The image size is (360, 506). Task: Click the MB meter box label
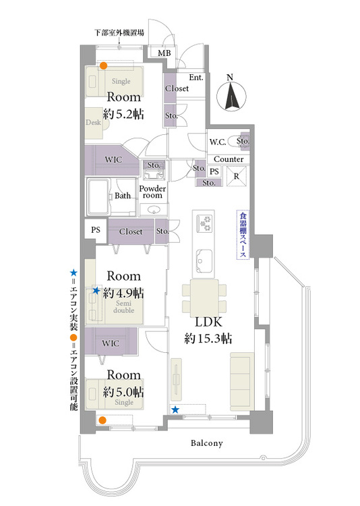click(x=164, y=53)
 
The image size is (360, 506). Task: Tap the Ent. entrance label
click(x=196, y=78)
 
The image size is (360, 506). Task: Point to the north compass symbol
click(x=231, y=94)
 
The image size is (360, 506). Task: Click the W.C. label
click(x=218, y=142)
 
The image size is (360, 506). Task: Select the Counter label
click(x=229, y=159)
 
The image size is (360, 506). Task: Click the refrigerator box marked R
click(x=237, y=176)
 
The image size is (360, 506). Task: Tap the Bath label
click(x=123, y=196)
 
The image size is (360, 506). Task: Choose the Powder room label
click(x=152, y=192)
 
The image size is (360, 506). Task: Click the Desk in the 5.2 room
click(x=94, y=123)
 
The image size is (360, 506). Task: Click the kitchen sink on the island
click(x=204, y=260)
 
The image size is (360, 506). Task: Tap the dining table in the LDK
click(x=204, y=298)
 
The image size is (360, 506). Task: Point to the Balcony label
click(x=206, y=443)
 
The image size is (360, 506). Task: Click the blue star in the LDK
click(x=175, y=410)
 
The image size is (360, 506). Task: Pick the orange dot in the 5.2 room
click(x=103, y=66)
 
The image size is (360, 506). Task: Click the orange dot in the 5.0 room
click(x=102, y=420)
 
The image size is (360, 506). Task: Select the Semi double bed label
click(x=123, y=307)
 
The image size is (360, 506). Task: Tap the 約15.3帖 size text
click(x=208, y=339)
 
